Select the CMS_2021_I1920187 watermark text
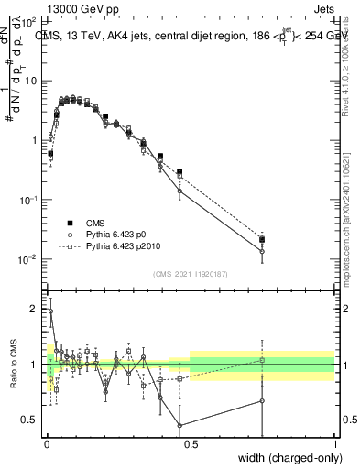tap(190, 273)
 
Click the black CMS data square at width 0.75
tap(262, 239)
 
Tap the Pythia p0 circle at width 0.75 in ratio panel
tap(262, 400)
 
